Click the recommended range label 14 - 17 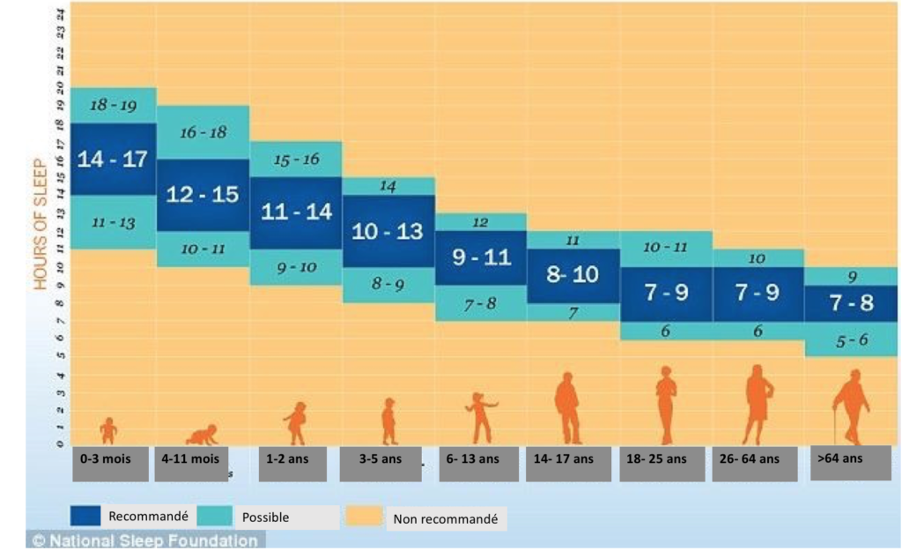[112, 160]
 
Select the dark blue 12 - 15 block [203, 195]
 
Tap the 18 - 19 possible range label [113, 105]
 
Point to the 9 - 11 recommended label [481, 258]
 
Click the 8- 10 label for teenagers [573, 275]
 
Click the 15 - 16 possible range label [296, 160]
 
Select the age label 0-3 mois [110, 459]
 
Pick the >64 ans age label [840, 458]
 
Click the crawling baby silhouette [202, 435]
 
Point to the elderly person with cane [851, 408]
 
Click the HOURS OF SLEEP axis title [41, 224]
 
